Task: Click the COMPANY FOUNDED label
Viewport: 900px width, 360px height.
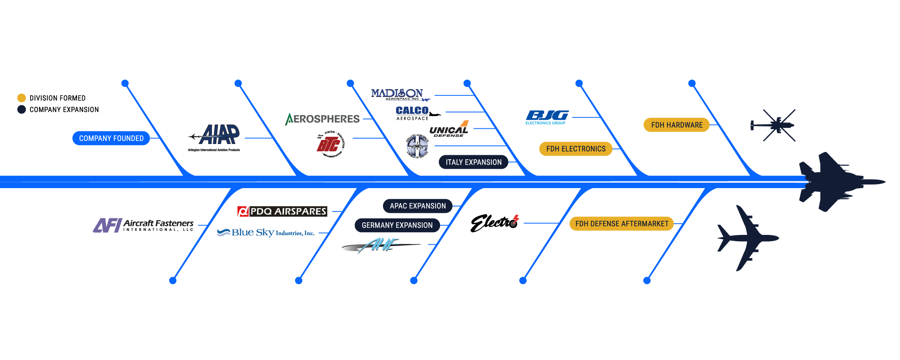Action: pos(111,138)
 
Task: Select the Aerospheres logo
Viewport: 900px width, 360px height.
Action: pos(323,119)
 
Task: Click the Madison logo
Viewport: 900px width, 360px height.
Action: pos(398,94)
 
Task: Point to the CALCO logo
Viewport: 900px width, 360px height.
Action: pos(412,110)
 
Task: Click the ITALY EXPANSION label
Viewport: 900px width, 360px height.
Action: pos(473,162)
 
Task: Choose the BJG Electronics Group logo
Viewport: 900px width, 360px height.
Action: pos(547,117)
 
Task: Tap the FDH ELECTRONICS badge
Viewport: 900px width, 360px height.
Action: pos(576,149)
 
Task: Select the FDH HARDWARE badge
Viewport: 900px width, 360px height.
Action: pos(676,125)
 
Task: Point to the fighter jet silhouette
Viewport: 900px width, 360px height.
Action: pos(832,182)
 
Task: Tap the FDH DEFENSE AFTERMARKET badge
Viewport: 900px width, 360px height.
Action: pos(621,224)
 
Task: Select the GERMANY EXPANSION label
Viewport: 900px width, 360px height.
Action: pos(397,225)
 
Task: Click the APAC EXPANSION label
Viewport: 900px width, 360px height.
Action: pos(418,206)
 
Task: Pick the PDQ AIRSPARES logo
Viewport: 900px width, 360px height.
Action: pos(282,211)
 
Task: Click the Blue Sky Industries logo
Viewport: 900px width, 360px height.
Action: pos(265,233)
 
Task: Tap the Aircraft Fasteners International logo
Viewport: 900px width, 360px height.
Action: pos(143,225)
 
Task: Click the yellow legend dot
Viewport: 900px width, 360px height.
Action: pos(22,98)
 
